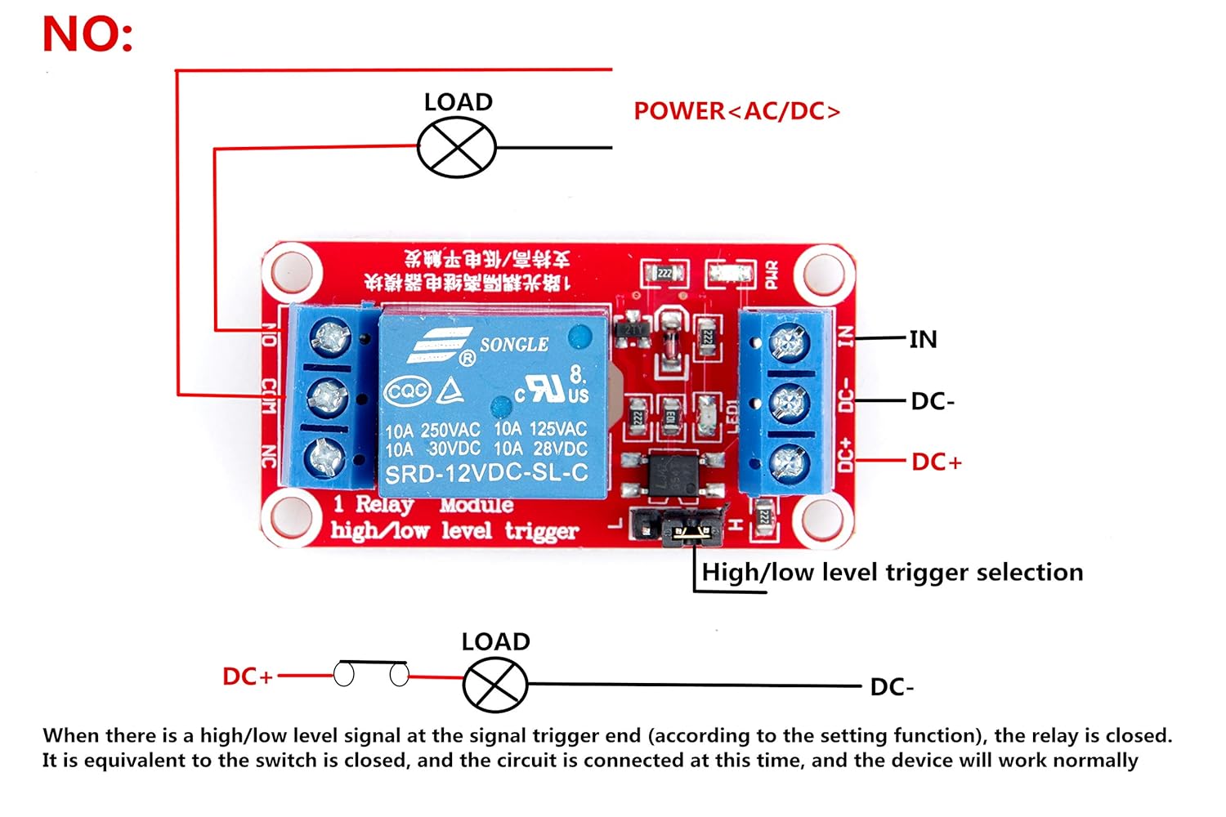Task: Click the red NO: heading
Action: (x=87, y=35)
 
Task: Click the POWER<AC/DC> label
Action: (x=736, y=111)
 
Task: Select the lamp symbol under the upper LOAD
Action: (x=457, y=147)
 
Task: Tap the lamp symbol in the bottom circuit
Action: (x=495, y=685)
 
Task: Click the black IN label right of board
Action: (x=923, y=339)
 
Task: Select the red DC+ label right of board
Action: (x=937, y=462)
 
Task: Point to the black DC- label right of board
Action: (x=933, y=401)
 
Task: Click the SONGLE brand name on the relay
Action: (x=513, y=345)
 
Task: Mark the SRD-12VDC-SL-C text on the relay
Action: (x=486, y=474)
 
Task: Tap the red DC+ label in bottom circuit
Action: (x=248, y=676)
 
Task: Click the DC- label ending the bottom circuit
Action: (x=892, y=687)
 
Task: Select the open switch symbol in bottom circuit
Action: (x=372, y=673)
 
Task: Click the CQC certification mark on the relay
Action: (x=407, y=392)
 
